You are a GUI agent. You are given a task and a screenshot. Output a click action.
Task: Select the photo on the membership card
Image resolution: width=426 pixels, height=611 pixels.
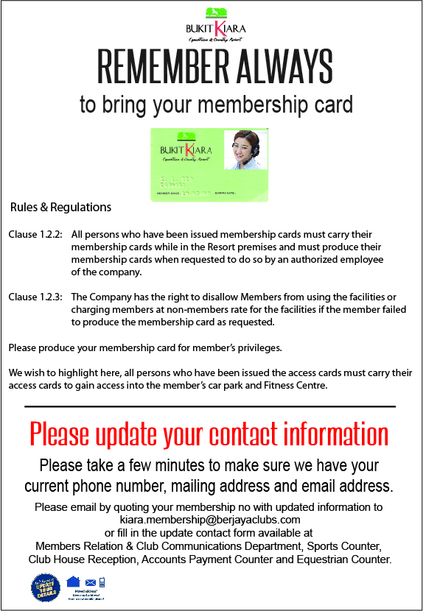point(245,150)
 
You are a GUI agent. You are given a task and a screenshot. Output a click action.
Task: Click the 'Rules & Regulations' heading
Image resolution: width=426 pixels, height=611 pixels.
point(60,207)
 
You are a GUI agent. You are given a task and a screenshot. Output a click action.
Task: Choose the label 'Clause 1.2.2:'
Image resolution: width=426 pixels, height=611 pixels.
point(35,234)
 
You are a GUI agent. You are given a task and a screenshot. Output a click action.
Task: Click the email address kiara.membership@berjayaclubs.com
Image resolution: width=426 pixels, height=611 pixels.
point(213,520)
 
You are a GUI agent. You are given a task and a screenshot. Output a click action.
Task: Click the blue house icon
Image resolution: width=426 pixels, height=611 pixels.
point(73,582)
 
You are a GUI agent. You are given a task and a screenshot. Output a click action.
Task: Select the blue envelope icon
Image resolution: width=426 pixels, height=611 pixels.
point(91,582)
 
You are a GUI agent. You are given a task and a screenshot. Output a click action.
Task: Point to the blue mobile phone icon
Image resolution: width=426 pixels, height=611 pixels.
point(102,582)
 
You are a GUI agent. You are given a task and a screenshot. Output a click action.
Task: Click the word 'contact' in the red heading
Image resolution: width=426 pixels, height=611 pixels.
point(237,435)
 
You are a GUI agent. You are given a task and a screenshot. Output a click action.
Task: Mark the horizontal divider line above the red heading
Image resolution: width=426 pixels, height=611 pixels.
point(210,406)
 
